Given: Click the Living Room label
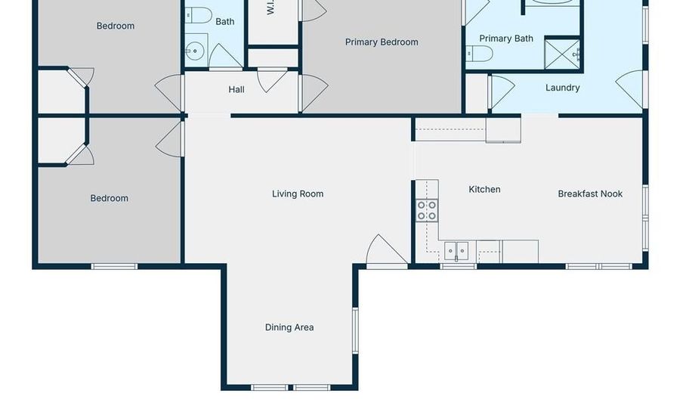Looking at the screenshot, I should coord(298,194).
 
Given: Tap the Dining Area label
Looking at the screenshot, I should coord(289,327).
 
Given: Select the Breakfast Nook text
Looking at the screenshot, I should coord(590,194).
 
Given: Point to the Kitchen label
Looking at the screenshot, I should coord(484,190).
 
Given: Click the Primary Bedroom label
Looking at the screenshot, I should coord(382,42).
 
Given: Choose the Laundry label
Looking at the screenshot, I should coord(563,88).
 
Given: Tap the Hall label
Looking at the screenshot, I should coord(236,89).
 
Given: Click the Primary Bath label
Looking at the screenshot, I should coord(506,39).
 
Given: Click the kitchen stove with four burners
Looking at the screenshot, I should coord(427,210).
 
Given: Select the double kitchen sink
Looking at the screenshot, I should coord(456,250).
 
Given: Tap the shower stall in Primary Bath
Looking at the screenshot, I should coord(563,53).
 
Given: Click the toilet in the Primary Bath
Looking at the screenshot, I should coord(479,53).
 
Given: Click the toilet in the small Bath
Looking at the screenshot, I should coord(199,14).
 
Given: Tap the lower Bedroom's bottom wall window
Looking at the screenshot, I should coord(114,266).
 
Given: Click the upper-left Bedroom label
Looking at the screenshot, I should coord(116,26).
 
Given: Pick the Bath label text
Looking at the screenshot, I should coord(225,22).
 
